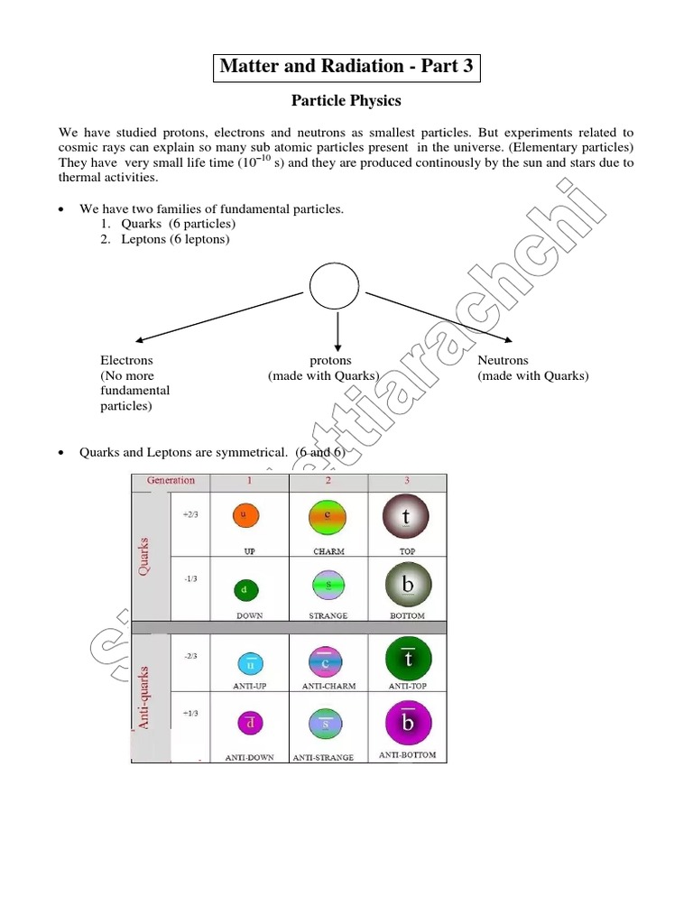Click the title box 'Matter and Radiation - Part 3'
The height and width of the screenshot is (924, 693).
pos(346,67)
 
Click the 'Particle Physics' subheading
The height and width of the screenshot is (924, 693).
pos(346,100)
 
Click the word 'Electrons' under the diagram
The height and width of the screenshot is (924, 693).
pos(126,360)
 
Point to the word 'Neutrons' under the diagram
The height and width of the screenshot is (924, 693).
pos(503,360)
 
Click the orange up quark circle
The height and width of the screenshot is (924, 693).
pos(246,515)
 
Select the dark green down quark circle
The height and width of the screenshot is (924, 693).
pos(245,590)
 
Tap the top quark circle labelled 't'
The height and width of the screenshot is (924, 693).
pos(406,517)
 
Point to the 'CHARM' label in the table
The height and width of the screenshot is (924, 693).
pos(329,550)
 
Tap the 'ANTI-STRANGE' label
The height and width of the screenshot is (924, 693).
pos(323,757)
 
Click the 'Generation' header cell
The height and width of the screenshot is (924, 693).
pos(171,480)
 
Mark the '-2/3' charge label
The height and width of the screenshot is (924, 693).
pos(190,658)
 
